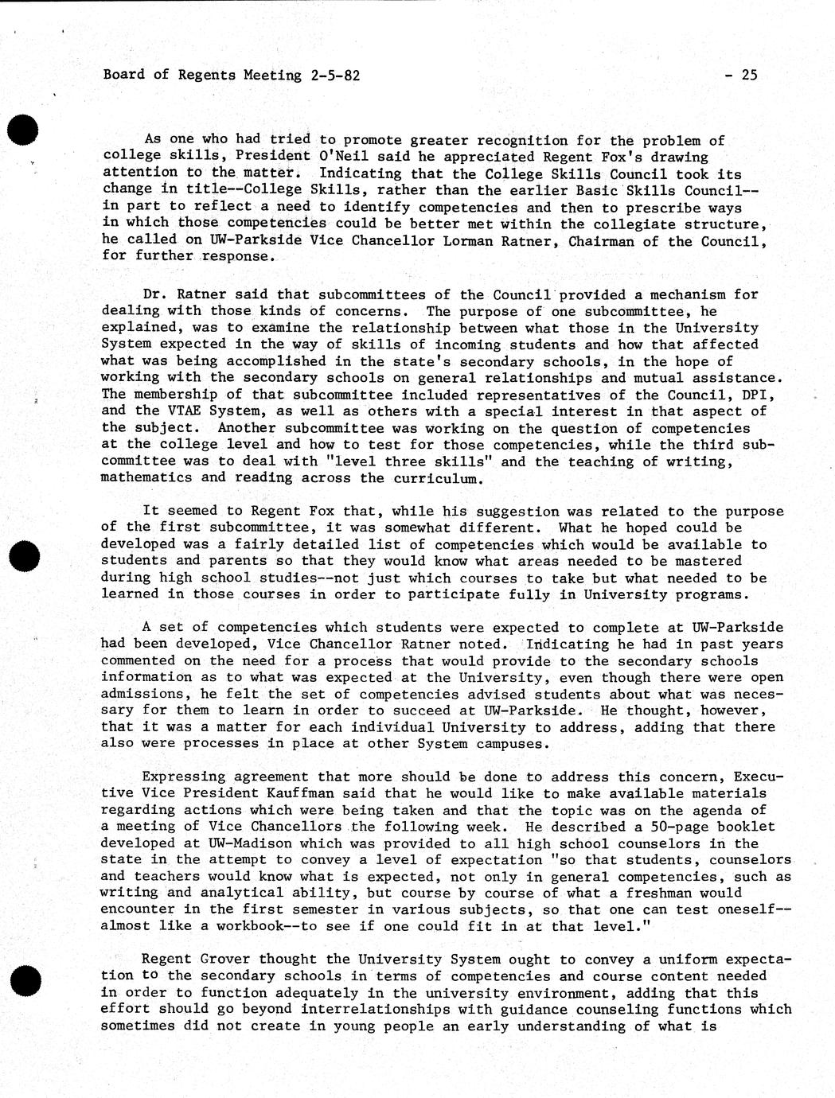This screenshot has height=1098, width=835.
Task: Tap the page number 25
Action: (x=749, y=76)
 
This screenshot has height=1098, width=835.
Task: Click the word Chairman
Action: (x=601, y=240)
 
